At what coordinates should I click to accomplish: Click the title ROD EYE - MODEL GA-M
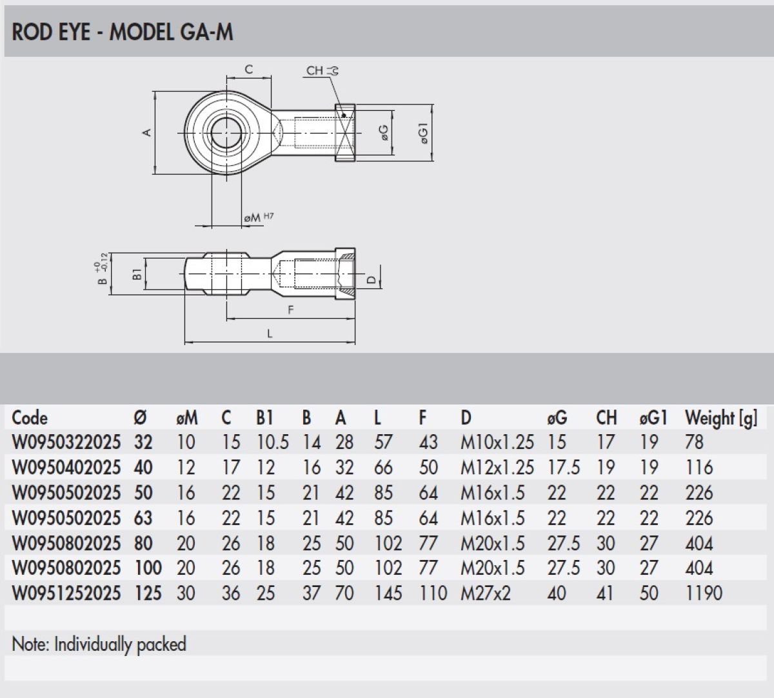[123, 32]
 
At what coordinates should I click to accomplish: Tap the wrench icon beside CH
[333, 71]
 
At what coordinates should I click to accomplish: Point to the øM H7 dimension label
[258, 217]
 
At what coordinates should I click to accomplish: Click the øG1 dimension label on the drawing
[424, 133]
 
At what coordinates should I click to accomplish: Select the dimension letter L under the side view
[270, 333]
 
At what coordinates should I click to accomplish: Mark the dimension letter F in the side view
[290, 310]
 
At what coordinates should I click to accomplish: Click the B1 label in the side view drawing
[137, 274]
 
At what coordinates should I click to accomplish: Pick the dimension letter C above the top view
[249, 70]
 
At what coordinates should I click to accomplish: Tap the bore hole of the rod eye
[226, 133]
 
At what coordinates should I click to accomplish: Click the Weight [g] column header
[720, 418]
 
